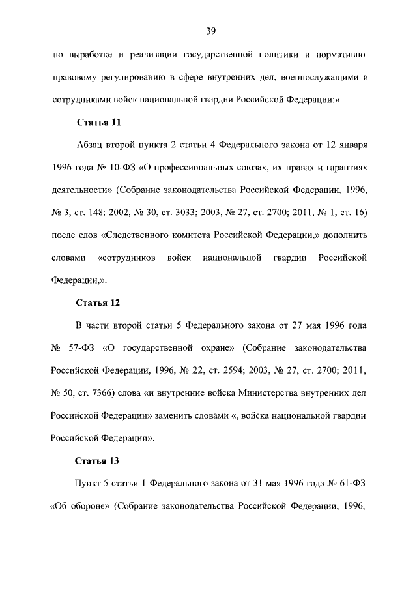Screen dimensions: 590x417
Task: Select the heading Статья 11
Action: (98, 122)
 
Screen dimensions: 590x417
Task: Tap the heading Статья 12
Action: (98, 303)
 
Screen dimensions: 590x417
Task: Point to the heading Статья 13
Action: (98, 461)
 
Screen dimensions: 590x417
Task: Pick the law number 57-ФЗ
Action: (81, 346)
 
